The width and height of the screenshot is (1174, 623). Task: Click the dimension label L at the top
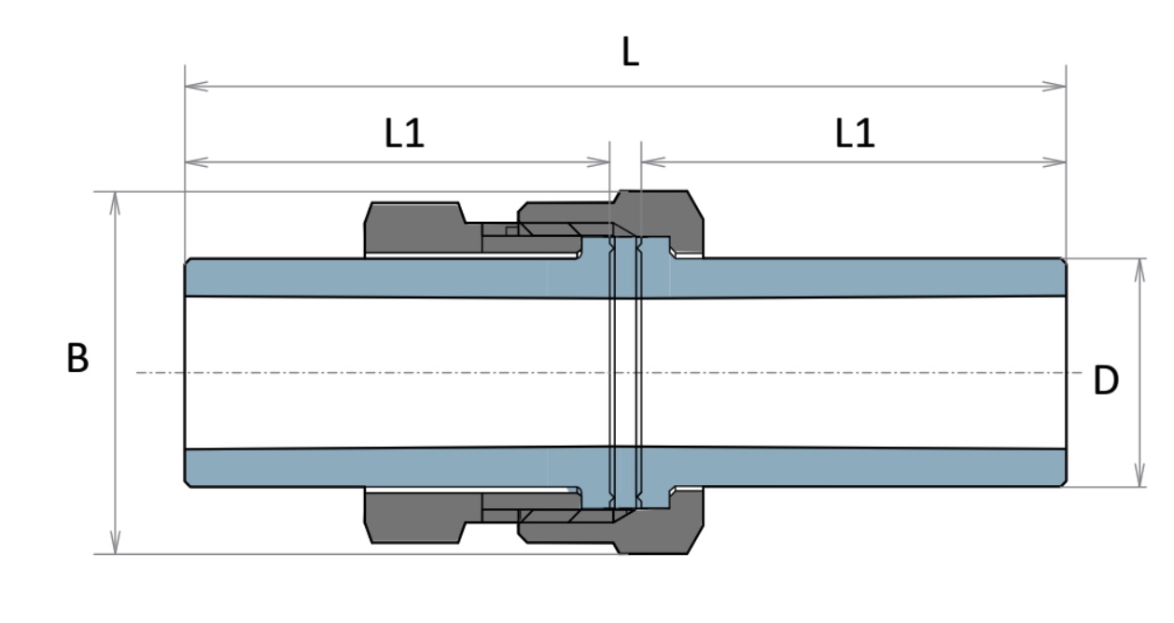click(631, 54)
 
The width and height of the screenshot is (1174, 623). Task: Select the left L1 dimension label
click(404, 135)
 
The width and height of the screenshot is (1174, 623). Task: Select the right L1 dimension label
click(855, 135)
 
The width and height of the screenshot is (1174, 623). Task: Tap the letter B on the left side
click(77, 359)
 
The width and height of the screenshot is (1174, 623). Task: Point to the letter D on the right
click(1106, 381)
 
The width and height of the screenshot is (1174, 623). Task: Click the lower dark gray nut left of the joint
click(414, 516)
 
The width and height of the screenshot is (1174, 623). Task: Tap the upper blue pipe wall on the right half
click(868, 278)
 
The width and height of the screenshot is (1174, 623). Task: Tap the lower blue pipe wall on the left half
click(373, 467)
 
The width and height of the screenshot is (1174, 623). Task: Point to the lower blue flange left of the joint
click(594, 495)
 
